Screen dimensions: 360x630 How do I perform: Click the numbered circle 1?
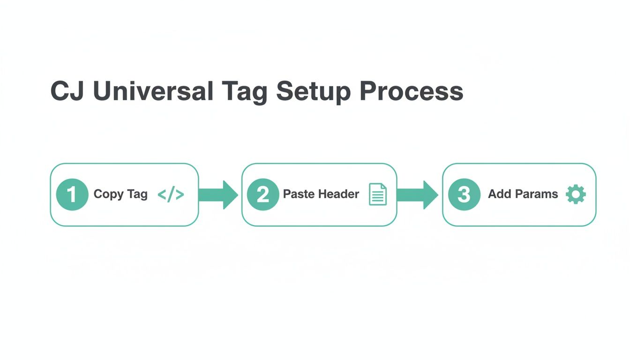(72, 195)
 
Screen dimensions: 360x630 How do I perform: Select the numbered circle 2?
(263, 195)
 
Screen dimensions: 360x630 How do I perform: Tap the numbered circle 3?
(464, 195)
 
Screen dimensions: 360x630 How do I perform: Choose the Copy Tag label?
(120, 195)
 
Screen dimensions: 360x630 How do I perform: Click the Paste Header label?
(321, 194)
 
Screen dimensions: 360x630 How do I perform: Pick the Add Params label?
(523, 194)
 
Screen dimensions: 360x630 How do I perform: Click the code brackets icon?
(171, 195)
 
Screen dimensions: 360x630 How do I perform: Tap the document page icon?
(378, 194)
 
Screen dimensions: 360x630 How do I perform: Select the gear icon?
(576, 194)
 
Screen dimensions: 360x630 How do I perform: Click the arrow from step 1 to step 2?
(218, 195)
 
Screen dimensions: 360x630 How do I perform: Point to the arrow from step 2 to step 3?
(418, 195)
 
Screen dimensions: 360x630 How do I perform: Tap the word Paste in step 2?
(299, 194)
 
